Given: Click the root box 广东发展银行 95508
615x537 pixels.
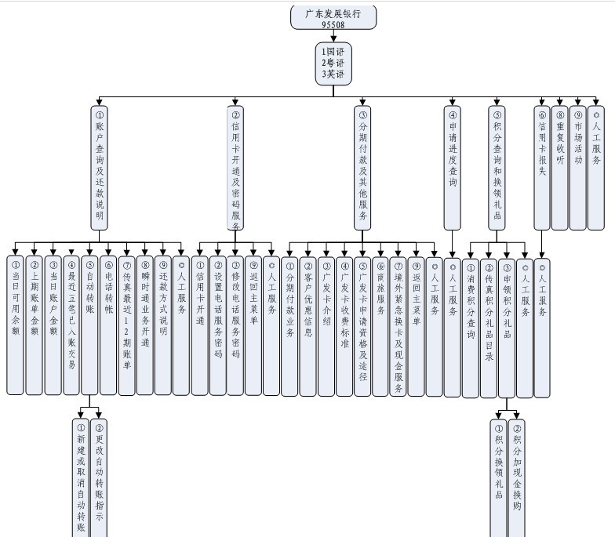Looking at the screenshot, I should [x=333, y=18].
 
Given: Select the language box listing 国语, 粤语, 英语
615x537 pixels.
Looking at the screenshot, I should [x=333, y=63].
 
